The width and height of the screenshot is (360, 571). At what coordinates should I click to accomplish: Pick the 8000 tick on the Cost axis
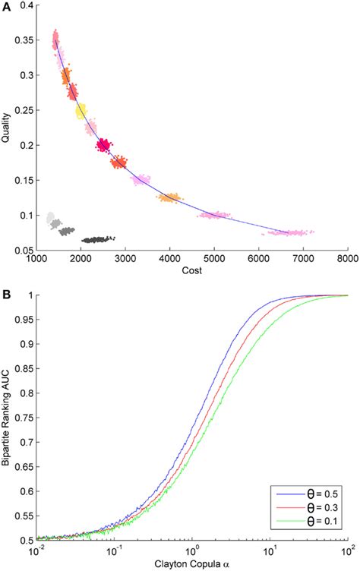coord(347,259)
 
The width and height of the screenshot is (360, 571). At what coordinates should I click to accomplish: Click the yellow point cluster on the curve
coord(81,112)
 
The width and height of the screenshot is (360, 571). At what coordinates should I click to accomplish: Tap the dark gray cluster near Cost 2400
coord(97,239)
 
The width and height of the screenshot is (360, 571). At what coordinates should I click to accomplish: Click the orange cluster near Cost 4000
coord(169,197)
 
